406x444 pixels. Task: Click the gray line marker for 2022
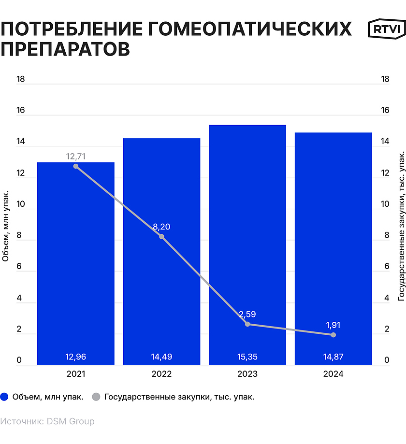[x=161, y=236]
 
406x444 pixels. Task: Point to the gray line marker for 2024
[x=333, y=335]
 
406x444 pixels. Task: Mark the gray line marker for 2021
[x=76, y=166]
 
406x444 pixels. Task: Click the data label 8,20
[x=161, y=227]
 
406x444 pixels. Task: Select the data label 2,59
[x=247, y=314]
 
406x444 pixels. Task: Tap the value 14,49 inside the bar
[x=161, y=357]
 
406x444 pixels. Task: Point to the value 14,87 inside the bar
[x=333, y=357]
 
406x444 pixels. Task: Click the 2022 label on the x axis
[x=161, y=374]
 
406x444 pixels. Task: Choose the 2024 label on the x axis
[x=333, y=374]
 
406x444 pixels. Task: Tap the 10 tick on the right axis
[x=385, y=204]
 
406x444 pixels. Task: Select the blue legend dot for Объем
[x=5, y=397]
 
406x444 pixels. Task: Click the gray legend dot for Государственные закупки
[x=96, y=397]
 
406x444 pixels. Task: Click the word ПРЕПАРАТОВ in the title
[x=65, y=49]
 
